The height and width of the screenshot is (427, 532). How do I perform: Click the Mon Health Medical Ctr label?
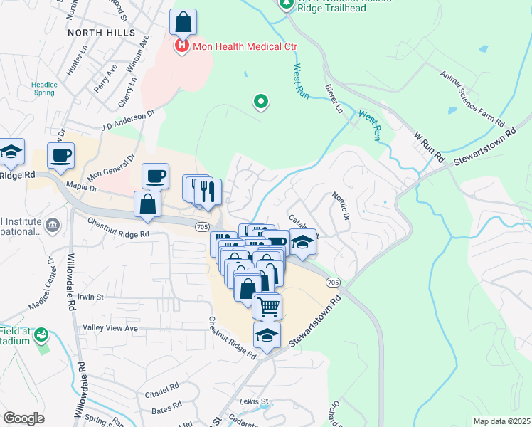242,46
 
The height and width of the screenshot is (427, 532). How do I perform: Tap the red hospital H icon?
181,46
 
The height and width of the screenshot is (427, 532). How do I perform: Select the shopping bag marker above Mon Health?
183,23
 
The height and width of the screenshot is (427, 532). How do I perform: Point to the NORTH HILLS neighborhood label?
101,33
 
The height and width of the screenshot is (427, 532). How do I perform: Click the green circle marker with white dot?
261,102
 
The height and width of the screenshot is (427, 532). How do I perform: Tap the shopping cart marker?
268,307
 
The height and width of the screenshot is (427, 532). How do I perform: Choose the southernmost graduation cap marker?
267,335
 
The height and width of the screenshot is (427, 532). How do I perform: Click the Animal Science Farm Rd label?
472,94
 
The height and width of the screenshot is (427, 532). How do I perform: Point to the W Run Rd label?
429,146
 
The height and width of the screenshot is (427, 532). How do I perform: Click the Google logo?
23,418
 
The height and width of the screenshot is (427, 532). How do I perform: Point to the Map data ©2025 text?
501,421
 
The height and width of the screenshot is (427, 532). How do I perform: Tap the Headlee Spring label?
43,88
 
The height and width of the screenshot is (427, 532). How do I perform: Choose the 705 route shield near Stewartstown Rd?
334,283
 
